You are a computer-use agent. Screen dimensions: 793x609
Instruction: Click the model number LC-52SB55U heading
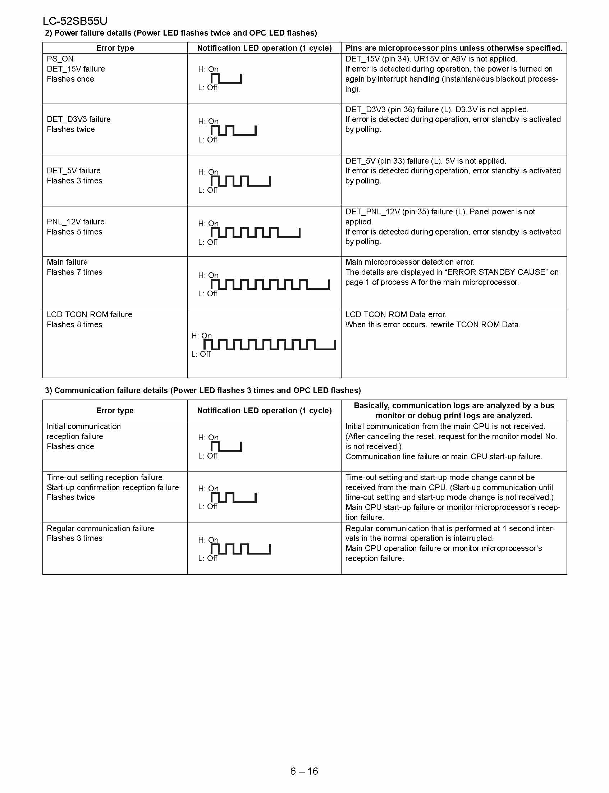75,21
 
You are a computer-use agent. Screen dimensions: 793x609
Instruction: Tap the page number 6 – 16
304,771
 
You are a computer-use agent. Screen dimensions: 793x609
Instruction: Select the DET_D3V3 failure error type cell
78,119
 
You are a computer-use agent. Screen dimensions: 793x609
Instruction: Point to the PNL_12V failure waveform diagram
255,233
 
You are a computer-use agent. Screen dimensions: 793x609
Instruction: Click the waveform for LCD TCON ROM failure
269,345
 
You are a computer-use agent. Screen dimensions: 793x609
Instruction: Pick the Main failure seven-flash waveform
270,284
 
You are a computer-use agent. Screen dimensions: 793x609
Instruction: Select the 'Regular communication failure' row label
100,528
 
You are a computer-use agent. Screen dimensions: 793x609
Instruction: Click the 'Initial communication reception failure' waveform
226,446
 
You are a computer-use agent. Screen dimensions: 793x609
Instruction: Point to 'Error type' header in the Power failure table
115,48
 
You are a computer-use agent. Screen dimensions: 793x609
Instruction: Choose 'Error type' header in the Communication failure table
115,410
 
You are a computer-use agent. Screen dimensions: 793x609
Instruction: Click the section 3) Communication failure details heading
203,390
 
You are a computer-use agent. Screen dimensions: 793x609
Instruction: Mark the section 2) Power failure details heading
181,33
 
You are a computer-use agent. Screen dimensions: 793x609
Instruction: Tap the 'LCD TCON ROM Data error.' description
396,314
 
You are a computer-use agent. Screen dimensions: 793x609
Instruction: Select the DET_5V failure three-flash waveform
241,181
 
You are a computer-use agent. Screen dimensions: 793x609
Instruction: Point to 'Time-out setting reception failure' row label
104,477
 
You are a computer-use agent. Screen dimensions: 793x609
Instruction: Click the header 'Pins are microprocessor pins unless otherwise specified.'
454,48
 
